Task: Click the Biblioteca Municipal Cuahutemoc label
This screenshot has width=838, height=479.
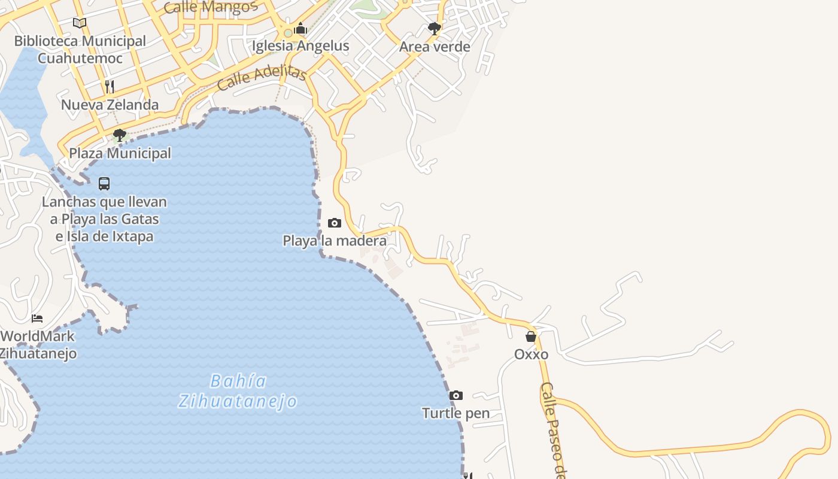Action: click(80, 50)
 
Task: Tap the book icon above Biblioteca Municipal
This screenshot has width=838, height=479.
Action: click(80, 23)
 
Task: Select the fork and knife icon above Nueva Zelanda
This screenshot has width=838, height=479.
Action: click(110, 87)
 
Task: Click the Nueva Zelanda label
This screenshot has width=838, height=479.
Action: click(110, 105)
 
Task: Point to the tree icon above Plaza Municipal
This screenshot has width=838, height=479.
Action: click(120, 135)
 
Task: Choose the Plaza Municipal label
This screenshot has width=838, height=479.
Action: click(120, 153)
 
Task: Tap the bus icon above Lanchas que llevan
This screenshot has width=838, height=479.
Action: click(104, 184)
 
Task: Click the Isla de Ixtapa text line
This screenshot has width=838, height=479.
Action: click(104, 237)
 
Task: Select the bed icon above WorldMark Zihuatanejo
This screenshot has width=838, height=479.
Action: click(37, 318)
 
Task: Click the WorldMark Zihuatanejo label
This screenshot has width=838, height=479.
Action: click(38, 344)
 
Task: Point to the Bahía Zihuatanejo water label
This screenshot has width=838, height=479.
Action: click(238, 391)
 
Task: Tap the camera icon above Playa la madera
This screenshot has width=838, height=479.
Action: click(335, 223)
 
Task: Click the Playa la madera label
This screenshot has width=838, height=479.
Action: click(335, 241)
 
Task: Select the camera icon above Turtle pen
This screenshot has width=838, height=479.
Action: click(456, 396)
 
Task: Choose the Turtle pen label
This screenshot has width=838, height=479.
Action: click(456, 413)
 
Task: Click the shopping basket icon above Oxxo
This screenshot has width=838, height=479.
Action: click(531, 336)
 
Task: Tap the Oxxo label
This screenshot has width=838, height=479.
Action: click(531, 354)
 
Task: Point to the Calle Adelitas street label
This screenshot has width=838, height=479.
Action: click(262, 78)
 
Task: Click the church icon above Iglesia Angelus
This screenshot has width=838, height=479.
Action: click(300, 28)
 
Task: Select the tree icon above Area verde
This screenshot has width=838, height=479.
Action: click(435, 28)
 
